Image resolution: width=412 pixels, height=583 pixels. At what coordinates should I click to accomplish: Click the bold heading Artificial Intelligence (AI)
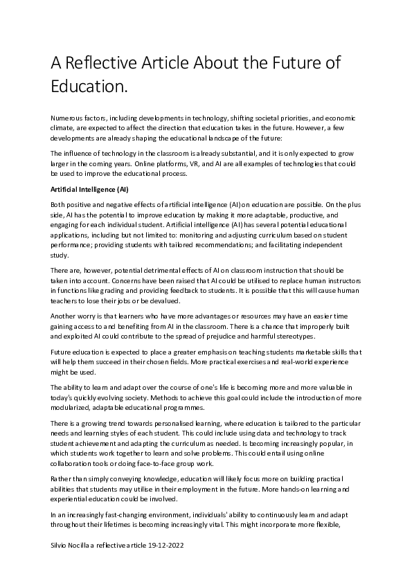pyautogui.click(x=89, y=188)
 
